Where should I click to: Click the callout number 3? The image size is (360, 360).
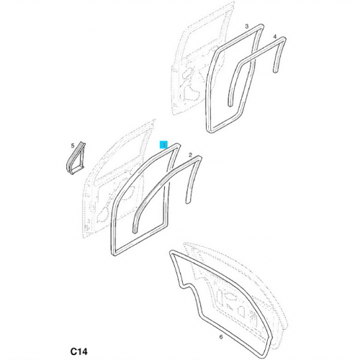pyautogui.click(x=247, y=27)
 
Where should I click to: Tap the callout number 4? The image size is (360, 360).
pyautogui.click(x=275, y=37)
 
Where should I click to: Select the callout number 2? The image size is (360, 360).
pyautogui.click(x=190, y=155)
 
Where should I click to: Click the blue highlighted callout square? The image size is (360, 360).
pyautogui.click(x=164, y=145)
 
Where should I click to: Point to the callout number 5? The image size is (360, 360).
pyautogui.click(x=73, y=145)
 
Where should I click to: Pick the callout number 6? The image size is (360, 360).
pyautogui.click(x=221, y=337)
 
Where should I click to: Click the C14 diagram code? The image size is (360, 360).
pyautogui.click(x=79, y=351)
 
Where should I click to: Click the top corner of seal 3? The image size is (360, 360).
pyautogui.click(x=261, y=25)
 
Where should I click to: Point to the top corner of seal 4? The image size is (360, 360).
pyautogui.click(x=284, y=38)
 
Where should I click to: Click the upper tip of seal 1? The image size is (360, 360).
pyautogui.click(x=178, y=145)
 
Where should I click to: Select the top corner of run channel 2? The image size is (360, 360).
pyautogui.click(x=199, y=157)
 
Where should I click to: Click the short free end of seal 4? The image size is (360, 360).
pyautogui.click(x=276, y=71)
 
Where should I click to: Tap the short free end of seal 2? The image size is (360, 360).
pyautogui.click(x=188, y=202)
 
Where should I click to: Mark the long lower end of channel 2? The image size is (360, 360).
pyautogui.click(x=135, y=232)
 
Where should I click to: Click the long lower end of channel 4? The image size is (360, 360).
pyautogui.click(x=230, y=105)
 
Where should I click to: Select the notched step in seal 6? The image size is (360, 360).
pyautogui.click(x=186, y=286)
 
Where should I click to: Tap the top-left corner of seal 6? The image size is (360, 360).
pyautogui.click(x=171, y=252)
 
